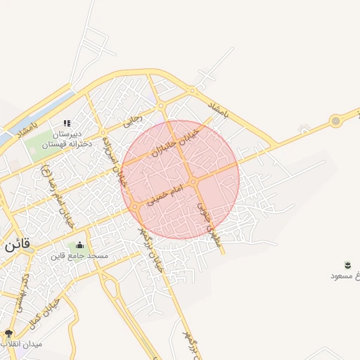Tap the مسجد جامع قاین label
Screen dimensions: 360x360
pos(79,256)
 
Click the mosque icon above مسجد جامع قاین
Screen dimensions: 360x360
pos(79,245)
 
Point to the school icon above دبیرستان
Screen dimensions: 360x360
pos(67,123)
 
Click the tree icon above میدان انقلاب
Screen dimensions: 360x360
pos(9,333)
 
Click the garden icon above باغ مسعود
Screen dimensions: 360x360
pos(348,264)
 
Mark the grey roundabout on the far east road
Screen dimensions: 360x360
pos(336,122)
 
